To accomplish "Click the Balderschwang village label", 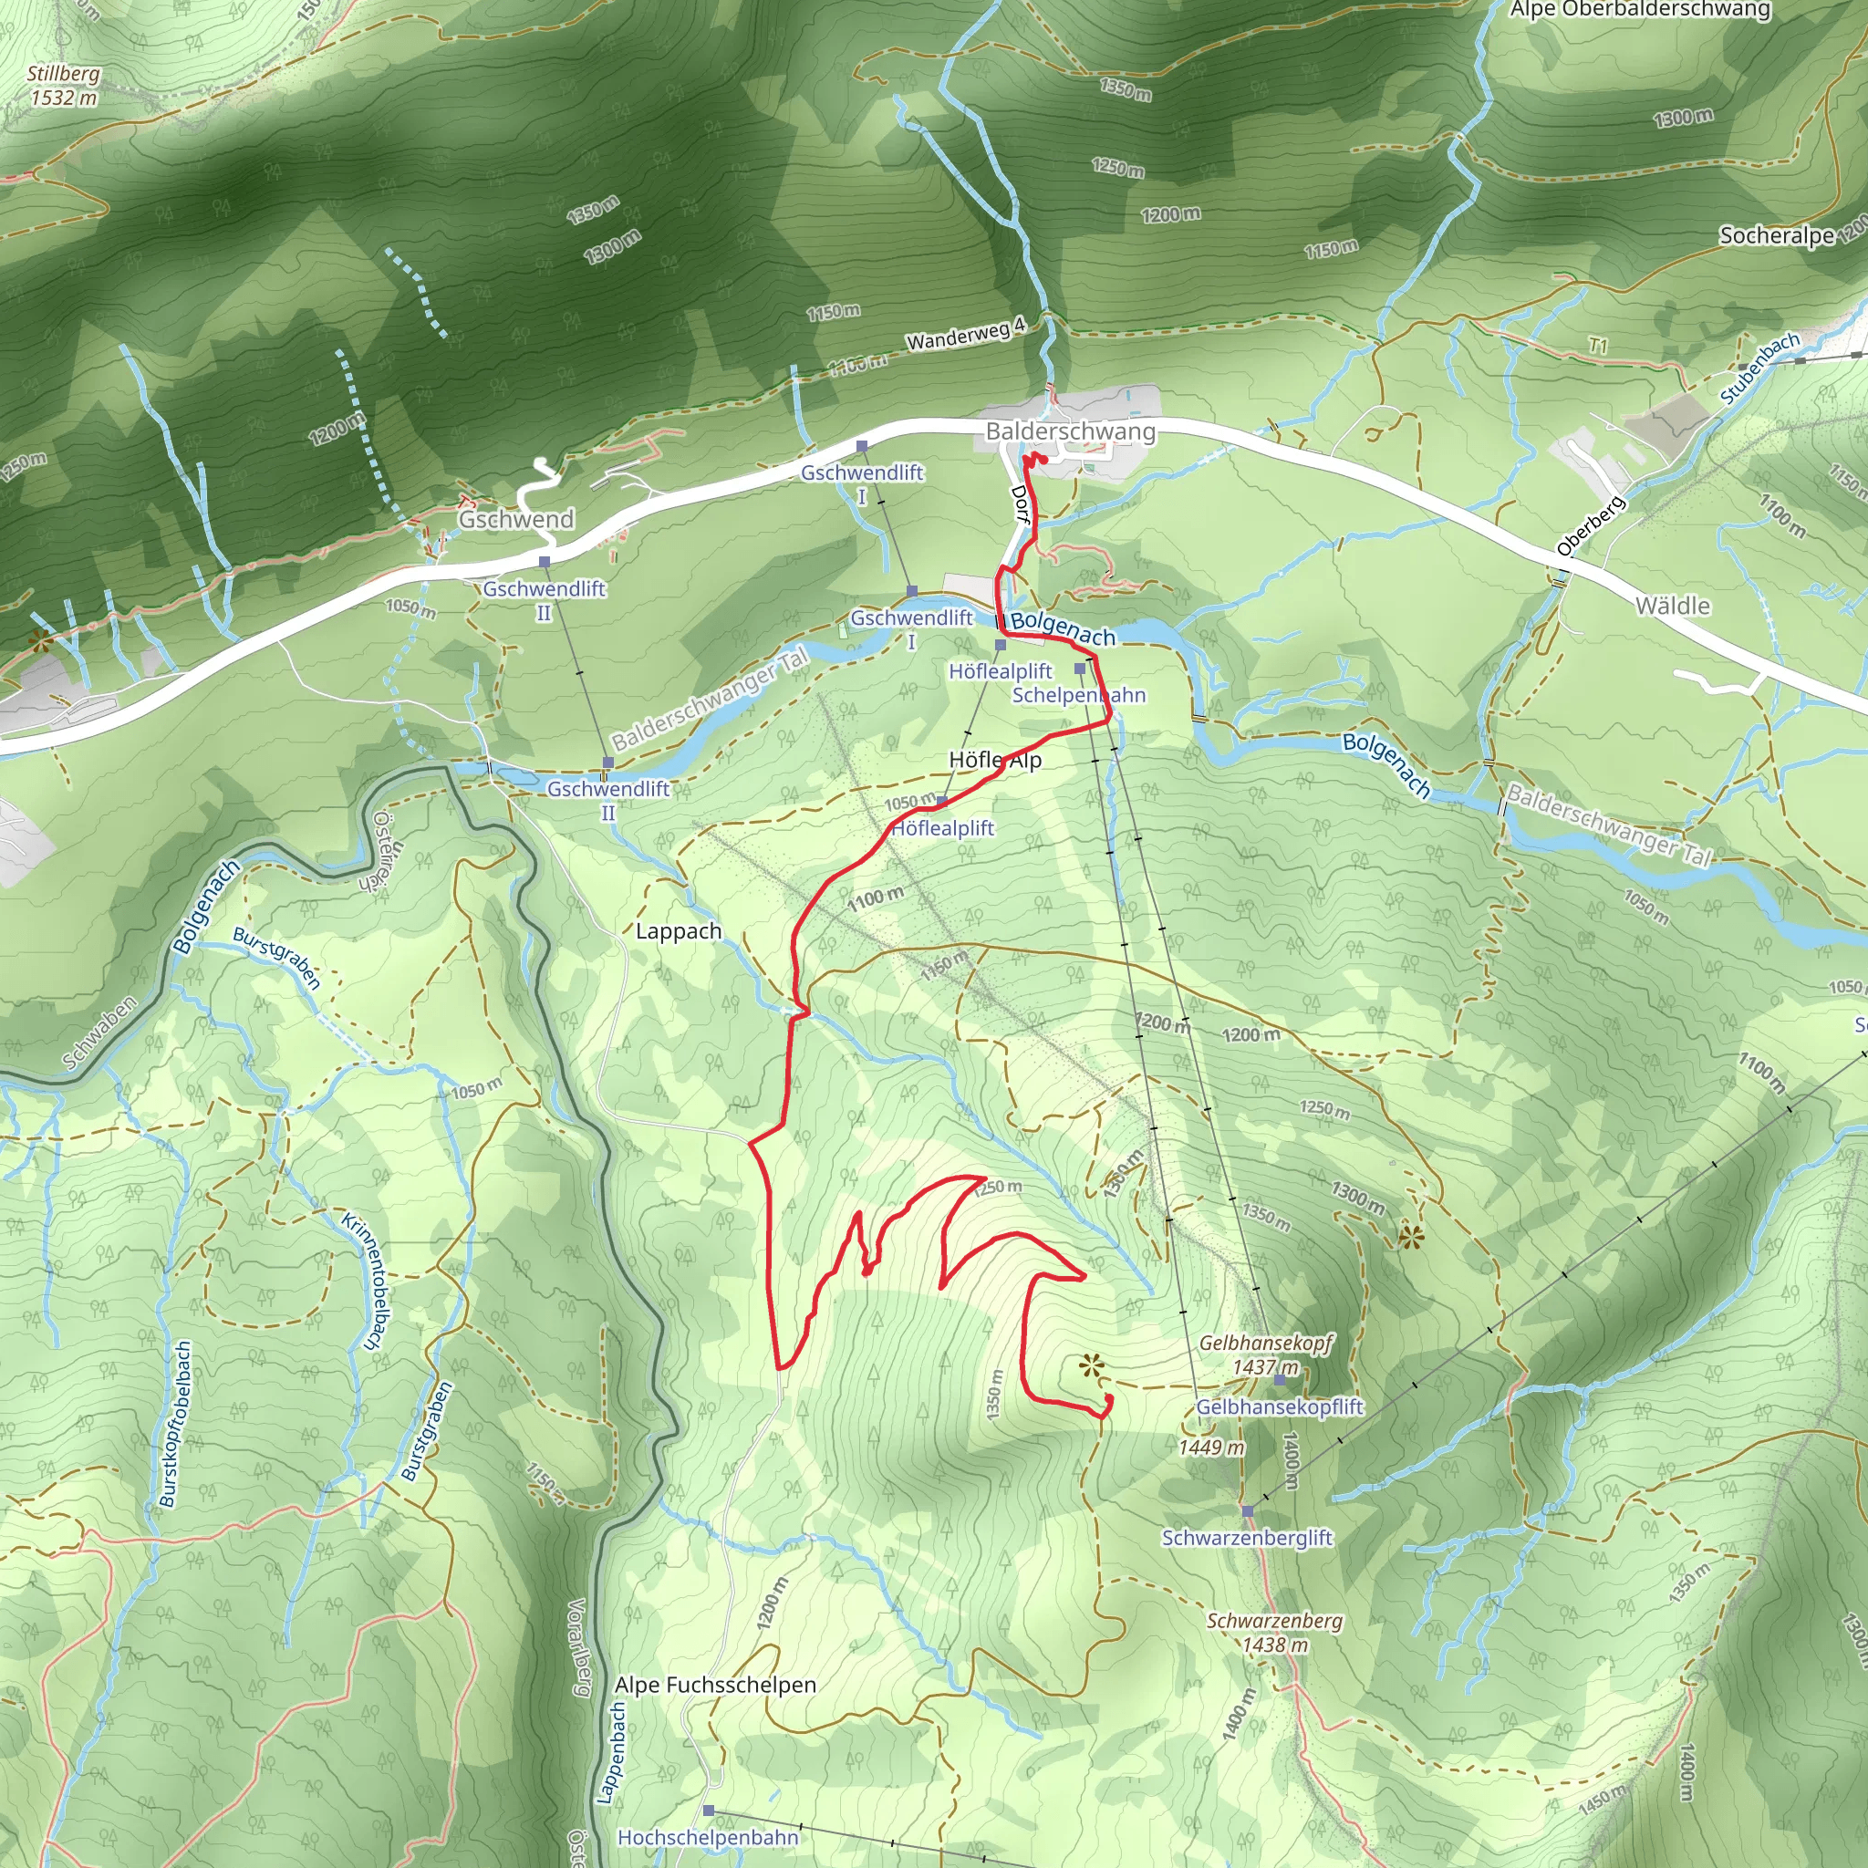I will pos(1070,431).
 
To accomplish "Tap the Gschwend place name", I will pos(516,519).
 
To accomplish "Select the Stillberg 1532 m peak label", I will pos(64,85).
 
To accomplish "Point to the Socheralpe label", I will pos(1777,235).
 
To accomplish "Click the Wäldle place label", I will pos(1673,607).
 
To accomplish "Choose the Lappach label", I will pos(679,931).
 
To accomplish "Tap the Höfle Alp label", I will pos(995,760).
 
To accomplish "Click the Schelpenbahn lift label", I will pos(1079,695).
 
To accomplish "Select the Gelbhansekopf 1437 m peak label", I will pos(1266,1354).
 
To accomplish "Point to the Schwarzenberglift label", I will pos(1247,1537).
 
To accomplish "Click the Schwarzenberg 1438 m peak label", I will pos(1274,1632).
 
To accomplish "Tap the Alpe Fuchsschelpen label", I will pos(715,1685).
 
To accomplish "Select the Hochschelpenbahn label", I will pos(709,1837).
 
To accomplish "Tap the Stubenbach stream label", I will pos(1759,368).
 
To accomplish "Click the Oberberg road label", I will pos(1591,526).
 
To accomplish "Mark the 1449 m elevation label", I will pos(1211,1448).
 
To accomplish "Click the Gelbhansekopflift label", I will pos(1279,1406).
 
